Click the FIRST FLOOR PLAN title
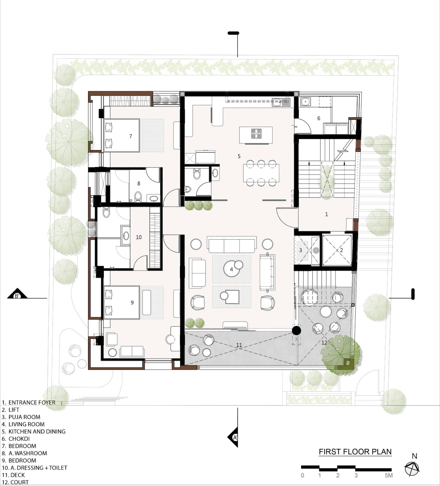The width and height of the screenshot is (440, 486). tap(355, 451)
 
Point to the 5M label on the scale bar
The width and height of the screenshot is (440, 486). tap(388, 475)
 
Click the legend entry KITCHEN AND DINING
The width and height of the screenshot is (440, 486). tap(34, 431)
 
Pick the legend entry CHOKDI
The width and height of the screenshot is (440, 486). tap(16, 439)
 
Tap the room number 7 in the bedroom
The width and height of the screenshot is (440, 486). tap(131, 136)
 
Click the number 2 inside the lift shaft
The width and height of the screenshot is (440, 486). tap(341, 250)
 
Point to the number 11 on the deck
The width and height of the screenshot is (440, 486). tap(239, 345)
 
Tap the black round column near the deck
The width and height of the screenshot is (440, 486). tap(296, 330)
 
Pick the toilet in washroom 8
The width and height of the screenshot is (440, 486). tap(138, 197)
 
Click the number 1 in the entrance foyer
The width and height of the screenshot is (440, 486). tap(326, 214)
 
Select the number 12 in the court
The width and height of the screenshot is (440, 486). tap(324, 342)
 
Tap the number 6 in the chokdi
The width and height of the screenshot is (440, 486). tap(319, 118)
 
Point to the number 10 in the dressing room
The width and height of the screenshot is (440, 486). tap(139, 237)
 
